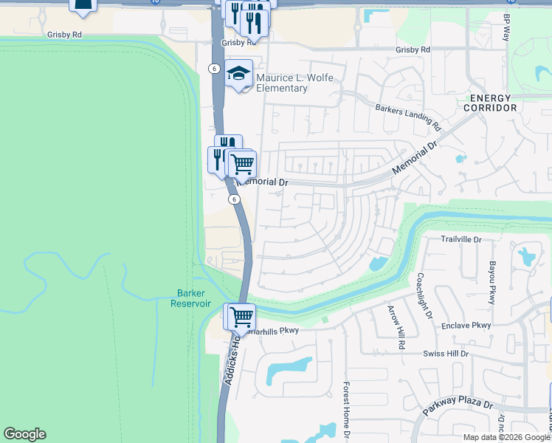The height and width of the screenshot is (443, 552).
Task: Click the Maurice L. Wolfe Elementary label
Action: coord(282,83)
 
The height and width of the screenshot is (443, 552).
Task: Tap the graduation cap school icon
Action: coord(239,73)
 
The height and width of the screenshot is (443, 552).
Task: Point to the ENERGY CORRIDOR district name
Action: coord(490,103)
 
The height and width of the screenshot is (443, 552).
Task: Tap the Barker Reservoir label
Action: coord(190,298)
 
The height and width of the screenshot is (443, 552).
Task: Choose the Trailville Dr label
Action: coord(460,240)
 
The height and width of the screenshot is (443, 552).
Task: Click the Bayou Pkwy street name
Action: coord(491,281)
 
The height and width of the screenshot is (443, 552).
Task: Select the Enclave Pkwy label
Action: coord(466,326)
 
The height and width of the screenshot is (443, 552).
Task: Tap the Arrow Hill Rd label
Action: coord(392,326)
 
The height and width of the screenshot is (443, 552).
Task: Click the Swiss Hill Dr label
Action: coord(446,354)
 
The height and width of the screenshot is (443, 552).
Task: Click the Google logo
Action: coord(24,434)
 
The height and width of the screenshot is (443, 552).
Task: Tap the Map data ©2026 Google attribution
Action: coord(506,437)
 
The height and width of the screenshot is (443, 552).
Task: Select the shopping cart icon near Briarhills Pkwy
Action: coord(241,317)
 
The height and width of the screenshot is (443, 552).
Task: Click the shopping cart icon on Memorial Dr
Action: coord(242,164)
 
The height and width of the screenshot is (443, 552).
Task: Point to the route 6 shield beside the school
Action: coord(213,68)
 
